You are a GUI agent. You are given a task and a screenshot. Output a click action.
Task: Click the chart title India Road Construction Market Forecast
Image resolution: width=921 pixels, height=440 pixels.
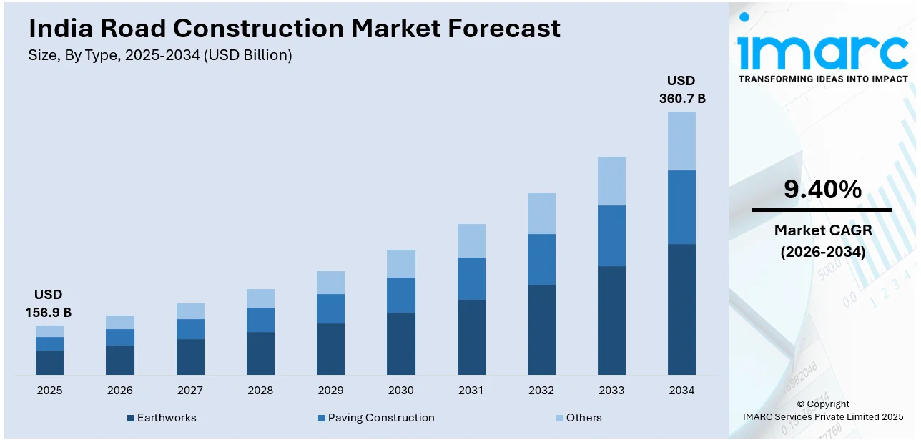pos(295,29)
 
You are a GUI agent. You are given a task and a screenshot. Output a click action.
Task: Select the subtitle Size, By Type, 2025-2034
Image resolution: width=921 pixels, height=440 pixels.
pos(161,55)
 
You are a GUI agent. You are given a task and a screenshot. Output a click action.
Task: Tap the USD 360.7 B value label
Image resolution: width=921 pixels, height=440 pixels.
pos(681,89)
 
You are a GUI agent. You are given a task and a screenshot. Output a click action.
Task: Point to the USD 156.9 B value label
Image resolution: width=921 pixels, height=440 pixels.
pos(49,303)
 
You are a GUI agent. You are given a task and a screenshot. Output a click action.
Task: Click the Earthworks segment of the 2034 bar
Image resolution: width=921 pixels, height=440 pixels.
pos(681,309)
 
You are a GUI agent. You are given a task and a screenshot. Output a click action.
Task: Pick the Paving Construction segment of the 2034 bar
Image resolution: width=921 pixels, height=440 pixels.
pos(681,207)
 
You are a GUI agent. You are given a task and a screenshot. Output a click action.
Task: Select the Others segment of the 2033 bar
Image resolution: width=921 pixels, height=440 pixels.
pos(611,181)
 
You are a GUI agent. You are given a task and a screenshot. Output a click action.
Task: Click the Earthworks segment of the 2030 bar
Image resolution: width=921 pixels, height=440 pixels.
pos(401,343)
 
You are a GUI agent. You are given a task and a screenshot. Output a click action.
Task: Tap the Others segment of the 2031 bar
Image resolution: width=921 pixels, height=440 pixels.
pos(471,240)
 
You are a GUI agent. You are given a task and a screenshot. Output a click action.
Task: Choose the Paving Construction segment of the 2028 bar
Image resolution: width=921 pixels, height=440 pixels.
pos(260,320)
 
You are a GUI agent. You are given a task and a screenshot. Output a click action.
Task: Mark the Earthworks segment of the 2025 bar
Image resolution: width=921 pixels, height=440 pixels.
pos(49,362)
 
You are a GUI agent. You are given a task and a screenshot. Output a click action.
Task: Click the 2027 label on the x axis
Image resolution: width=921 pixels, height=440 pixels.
pos(190,391)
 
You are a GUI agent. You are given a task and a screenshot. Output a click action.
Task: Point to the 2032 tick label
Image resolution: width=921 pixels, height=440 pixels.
pos(541,391)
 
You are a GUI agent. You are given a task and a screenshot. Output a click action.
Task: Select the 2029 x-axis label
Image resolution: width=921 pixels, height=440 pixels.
pos(330,391)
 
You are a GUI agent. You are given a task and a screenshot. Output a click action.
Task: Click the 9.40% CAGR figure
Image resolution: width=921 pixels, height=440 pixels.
pos(822,190)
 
